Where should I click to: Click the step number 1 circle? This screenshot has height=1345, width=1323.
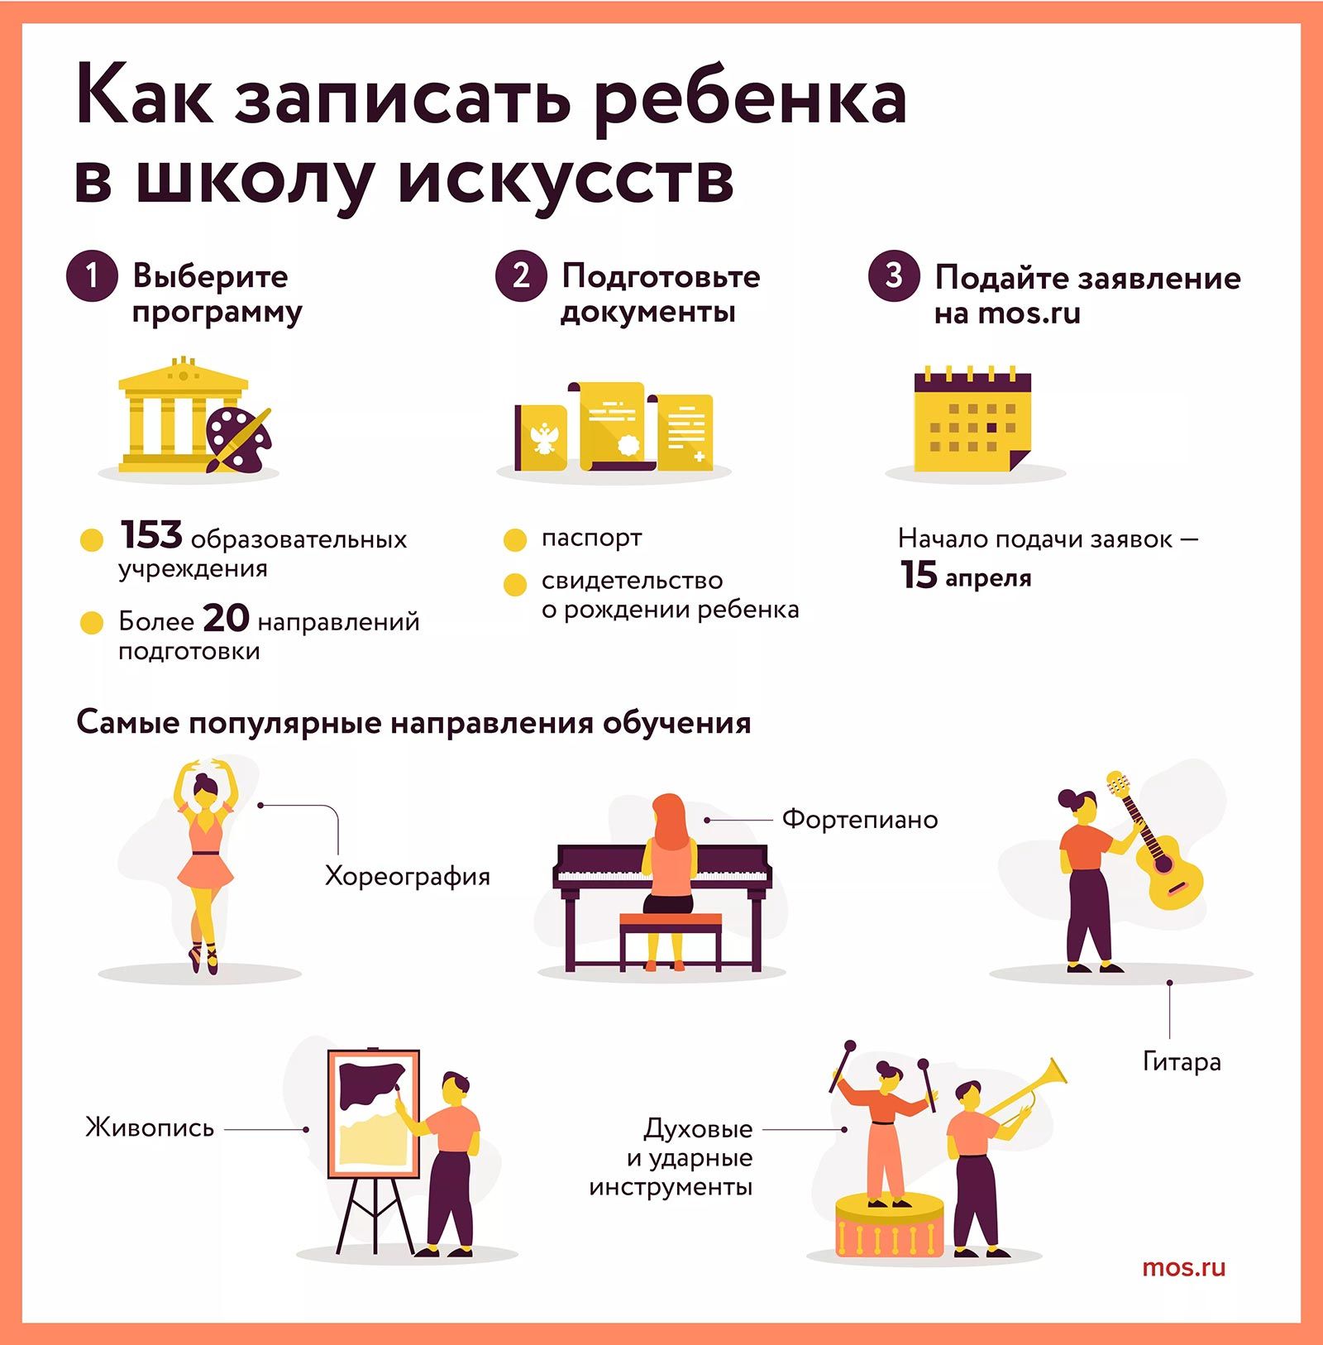pyautogui.click(x=92, y=275)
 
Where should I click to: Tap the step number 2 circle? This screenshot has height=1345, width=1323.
pyautogui.click(x=521, y=275)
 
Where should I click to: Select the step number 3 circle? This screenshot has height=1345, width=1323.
pyautogui.click(x=894, y=275)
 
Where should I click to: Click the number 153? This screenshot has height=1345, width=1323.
pyautogui.click(x=150, y=535)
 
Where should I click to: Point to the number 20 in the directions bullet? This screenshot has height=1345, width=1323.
pyautogui.click(x=226, y=618)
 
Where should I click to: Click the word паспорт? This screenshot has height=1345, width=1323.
pyautogui.click(x=591, y=538)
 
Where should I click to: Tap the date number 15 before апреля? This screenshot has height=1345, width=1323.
pyautogui.click(x=919, y=574)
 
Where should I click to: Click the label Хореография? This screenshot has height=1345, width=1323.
pyautogui.click(x=407, y=876)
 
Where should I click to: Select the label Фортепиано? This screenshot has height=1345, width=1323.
pyautogui.click(x=860, y=819)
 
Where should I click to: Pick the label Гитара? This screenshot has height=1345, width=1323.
pyautogui.click(x=1182, y=1061)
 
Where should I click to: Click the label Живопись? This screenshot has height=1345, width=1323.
pyautogui.click(x=150, y=1127)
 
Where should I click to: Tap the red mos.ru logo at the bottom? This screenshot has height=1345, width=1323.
pyautogui.click(x=1183, y=1268)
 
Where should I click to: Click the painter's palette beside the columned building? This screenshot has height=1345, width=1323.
pyautogui.click(x=238, y=438)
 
